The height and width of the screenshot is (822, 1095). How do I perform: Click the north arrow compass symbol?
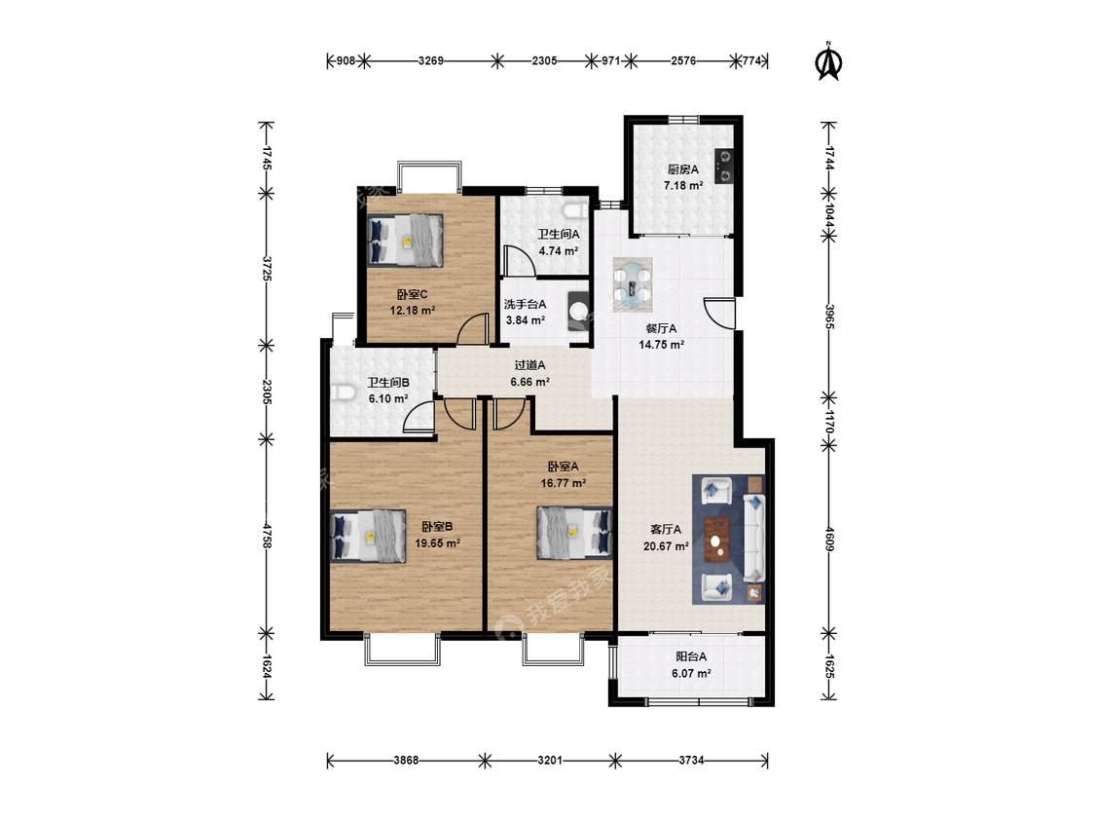coord(829,61)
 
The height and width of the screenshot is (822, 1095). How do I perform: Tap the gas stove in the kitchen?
coord(724,166)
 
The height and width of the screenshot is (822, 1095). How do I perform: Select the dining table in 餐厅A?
coord(633,284)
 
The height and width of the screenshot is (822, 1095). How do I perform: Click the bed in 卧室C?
coord(406,240)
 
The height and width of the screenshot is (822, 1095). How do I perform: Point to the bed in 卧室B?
coord(368,536)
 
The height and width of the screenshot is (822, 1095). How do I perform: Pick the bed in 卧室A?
coord(574,533)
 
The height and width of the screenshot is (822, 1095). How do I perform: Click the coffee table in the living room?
coord(716,539)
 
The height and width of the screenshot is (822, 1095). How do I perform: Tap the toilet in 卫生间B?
coord(340,392)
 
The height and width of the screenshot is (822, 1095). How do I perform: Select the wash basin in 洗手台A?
coord(579,310)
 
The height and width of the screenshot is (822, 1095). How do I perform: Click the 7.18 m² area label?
coord(683,186)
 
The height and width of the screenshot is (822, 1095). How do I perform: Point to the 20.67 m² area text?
coord(666,546)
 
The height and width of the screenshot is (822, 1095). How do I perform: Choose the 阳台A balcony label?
coord(691,657)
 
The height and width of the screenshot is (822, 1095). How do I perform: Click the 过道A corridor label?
coord(530,365)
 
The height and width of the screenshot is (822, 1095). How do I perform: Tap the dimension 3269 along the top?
coord(431,60)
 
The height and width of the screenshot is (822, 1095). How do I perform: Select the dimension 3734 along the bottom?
coord(691,761)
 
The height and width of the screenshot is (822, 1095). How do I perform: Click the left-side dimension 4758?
coord(266,535)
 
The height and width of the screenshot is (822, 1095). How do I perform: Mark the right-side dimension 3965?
coord(829,317)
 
